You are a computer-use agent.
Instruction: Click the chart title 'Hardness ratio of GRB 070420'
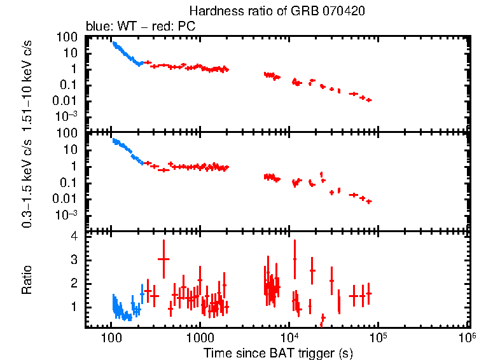(x=277, y=11)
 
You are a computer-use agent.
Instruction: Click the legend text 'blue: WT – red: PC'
(x=140, y=27)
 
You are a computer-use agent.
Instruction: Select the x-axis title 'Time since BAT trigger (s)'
(x=277, y=352)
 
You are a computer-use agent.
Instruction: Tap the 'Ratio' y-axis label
(x=27, y=280)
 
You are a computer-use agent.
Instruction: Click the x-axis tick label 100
(x=111, y=337)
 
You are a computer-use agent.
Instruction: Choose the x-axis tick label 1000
(x=200, y=337)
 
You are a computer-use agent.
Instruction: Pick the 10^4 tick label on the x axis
(x=289, y=336)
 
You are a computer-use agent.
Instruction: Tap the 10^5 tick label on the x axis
(x=378, y=336)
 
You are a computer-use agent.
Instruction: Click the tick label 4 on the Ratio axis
(x=74, y=236)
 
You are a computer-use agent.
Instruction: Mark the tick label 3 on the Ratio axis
(x=74, y=260)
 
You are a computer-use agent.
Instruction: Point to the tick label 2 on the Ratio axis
(x=74, y=283)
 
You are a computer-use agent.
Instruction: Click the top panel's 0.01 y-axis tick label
(x=67, y=100)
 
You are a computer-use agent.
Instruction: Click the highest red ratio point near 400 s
(x=163, y=259)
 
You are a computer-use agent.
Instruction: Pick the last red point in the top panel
(x=369, y=100)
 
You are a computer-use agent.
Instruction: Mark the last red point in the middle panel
(x=369, y=202)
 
